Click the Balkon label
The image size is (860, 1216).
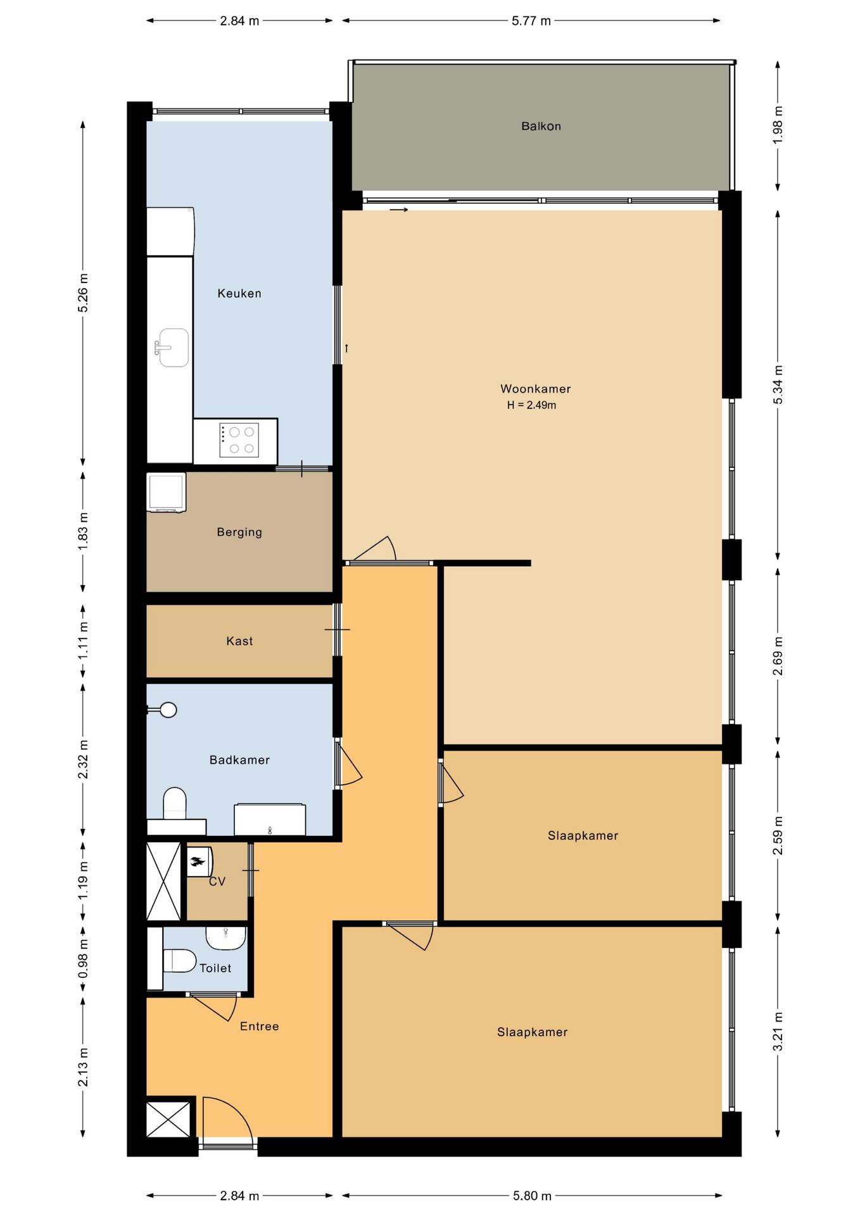[541, 126]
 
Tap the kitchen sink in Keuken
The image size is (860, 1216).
[172, 348]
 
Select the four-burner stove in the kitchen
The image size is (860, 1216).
[239, 440]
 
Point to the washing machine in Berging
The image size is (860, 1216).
[166, 492]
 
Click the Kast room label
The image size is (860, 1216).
[239, 641]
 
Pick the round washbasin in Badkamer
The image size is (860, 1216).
[167, 710]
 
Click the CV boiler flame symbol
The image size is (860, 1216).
[198, 861]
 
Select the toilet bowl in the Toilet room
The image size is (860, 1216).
[179, 960]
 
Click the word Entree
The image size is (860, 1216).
[259, 1026]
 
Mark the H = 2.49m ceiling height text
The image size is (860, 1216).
[531, 405]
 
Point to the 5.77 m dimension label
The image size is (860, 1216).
[531, 21]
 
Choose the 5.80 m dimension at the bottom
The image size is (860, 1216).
[532, 1195]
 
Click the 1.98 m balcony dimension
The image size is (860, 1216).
[778, 125]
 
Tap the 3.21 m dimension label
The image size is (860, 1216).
[778, 1032]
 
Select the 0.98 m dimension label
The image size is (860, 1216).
[83, 958]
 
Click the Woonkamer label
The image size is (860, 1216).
[535, 389]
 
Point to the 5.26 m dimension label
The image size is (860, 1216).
[83, 293]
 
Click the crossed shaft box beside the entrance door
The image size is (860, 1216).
[168, 1119]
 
